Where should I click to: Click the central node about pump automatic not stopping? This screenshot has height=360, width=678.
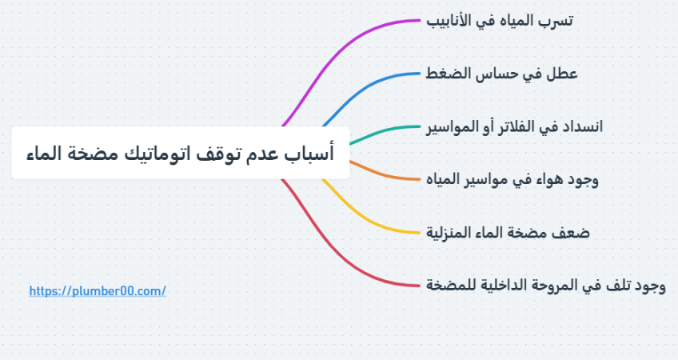click(181, 153)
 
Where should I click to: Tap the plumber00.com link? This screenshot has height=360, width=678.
click(98, 290)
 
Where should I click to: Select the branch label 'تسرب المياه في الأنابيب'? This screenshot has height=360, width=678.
click(500, 20)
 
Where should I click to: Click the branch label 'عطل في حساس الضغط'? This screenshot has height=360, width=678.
click(501, 74)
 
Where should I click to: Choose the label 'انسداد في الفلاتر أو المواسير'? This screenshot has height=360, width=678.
click(515, 126)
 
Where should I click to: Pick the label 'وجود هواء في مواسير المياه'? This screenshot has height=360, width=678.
click(512, 179)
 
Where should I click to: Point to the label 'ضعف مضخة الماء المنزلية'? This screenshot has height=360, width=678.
click(508, 233)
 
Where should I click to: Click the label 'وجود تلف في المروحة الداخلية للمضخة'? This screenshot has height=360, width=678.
click(546, 286)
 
